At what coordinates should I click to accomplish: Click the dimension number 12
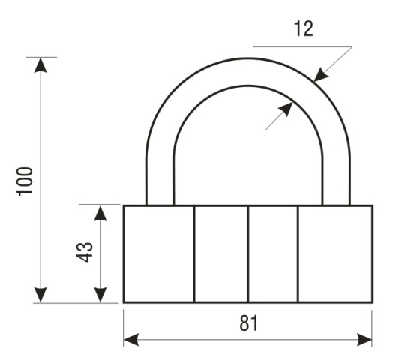coord(304,28)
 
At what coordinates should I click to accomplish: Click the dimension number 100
coord(25,181)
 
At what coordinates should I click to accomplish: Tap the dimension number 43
coord(85,252)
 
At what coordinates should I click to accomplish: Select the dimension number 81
coord(249,322)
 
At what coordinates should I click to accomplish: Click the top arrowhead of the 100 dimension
coord(40,65)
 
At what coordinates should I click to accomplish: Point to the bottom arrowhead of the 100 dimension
coord(40,295)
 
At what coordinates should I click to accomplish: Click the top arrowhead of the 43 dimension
coord(100,214)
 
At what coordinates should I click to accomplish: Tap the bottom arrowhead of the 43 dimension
coord(100,295)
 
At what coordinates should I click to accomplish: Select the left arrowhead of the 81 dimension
coord(131,339)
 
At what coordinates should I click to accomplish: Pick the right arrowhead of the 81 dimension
coord(364,339)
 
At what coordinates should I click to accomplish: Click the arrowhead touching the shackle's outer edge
coord(321,74)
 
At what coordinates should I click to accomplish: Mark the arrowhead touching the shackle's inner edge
coord(286,109)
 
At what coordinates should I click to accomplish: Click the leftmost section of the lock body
coord(159,253)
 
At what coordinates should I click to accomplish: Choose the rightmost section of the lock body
coord(335,253)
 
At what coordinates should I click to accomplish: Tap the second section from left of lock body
coord(221,253)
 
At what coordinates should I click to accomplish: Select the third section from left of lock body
coord(273,253)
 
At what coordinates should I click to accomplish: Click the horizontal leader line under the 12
coord(302,46)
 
